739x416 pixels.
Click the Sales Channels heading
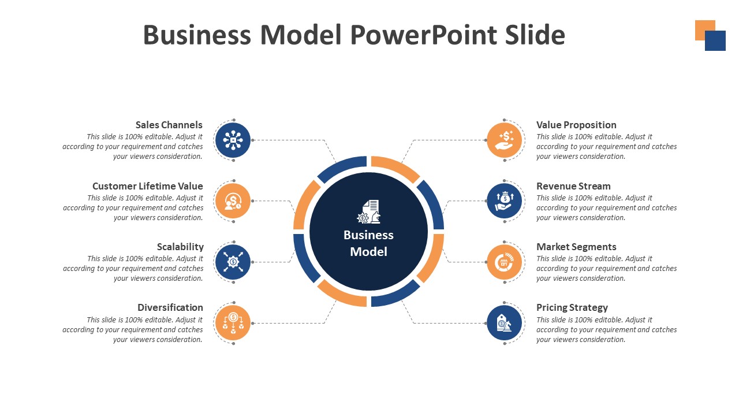(169, 125)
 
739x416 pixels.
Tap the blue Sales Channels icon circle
(233, 140)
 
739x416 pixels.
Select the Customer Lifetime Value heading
(147, 186)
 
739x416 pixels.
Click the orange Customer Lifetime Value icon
(233, 201)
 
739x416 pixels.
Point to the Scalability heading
(180, 247)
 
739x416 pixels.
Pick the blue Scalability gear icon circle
(233, 262)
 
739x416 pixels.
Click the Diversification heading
(170, 307)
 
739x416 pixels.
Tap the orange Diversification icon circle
(233, 323)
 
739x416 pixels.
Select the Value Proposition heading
(576, 125)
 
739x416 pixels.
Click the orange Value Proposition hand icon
(505, 140)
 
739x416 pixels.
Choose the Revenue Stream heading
(573, 186)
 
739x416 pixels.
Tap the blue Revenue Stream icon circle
(505, 201)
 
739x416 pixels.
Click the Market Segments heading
(576, 247)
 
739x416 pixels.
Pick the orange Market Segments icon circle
(505, 262)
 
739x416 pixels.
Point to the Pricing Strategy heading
(572, 307)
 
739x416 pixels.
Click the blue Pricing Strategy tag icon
(505, 323)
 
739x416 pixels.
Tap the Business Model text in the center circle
(368, 243)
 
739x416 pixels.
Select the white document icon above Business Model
(369, 211)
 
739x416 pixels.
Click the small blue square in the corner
(716, 42)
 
